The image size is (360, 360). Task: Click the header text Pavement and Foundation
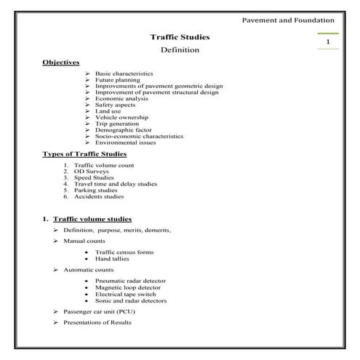point(287,20)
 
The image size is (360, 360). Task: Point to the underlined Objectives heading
point(61,63)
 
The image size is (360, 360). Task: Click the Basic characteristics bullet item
point(124,74)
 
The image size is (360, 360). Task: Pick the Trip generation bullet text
point(118,123)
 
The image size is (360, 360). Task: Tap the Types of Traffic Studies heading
point(85,154)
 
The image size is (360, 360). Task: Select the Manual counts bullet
point(84,241)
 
